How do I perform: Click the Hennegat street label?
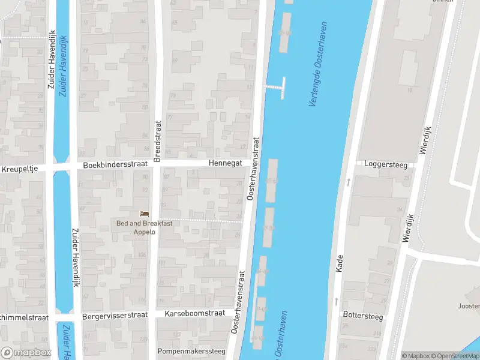click(225, 163)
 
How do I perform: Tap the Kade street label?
click(339, 262)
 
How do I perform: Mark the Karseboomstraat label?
click(194, 313)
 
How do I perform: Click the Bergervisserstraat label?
click(115, 314)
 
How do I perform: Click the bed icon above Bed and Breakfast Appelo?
click(144, 214)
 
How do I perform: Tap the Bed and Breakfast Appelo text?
click(144, 227)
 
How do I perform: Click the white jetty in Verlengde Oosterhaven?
click(276, 86)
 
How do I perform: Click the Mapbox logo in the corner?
click(26, 352)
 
